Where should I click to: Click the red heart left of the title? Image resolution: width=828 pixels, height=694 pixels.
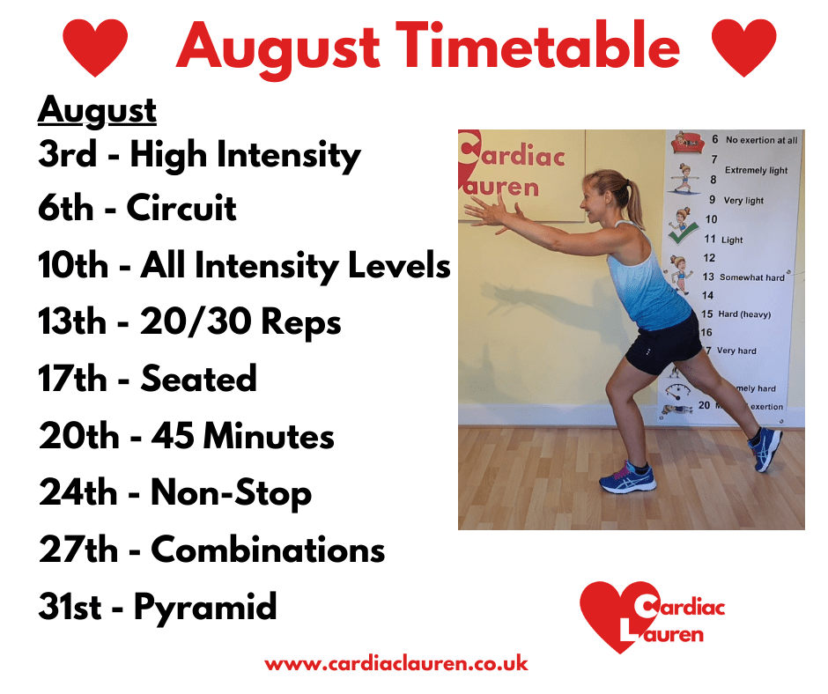click(95, 48)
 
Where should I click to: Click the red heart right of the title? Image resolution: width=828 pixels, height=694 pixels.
click(744, 48)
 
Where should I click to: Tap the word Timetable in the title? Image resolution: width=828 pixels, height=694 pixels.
click(537, 46)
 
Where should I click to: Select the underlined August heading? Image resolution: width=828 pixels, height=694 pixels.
click(97, 111)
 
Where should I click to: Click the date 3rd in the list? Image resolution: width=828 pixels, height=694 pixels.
click(68, 154)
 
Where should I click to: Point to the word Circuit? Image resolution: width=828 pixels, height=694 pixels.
click(181, 208)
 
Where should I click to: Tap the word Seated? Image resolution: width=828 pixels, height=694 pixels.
click(198, 378)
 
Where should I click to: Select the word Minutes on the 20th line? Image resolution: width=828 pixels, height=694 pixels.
click(269, 436)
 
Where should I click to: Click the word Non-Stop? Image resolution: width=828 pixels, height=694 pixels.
click(232, 494)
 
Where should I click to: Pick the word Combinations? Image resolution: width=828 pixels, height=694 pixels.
click(269, 550)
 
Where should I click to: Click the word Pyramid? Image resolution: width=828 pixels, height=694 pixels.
click(205, 608)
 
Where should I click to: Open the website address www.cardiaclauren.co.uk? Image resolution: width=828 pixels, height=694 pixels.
click(396, 664)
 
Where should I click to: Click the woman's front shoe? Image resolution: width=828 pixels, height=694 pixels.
click(627, 477)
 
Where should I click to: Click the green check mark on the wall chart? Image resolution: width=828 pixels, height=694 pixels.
click(683, 233)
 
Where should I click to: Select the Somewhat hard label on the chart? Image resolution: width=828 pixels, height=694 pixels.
click(752, 277)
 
